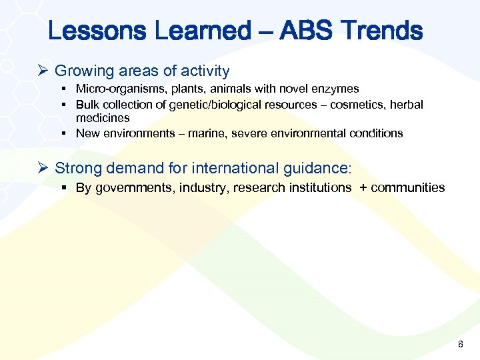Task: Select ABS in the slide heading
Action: click(307, 31)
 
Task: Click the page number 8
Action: click(459, 345)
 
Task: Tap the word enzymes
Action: click(337, 89)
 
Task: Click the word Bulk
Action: click(87, 105)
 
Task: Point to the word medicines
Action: click(103, 117)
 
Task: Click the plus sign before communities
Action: click(363, 188)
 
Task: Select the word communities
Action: click(407, 188)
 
